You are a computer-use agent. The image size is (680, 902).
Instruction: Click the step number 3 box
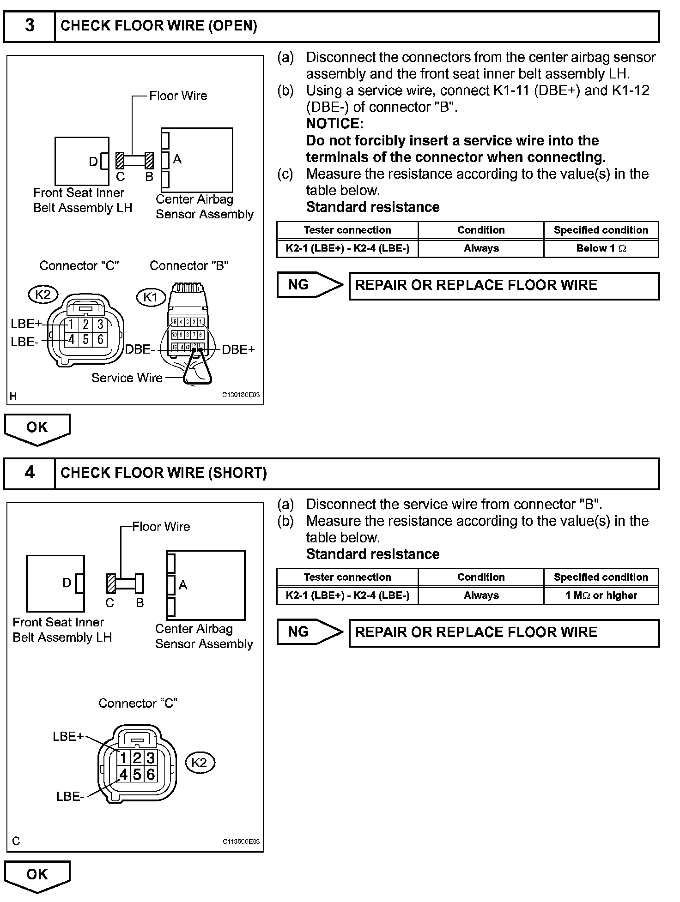coord(30,26)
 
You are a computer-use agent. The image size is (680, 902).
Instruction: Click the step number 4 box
coord(30,473)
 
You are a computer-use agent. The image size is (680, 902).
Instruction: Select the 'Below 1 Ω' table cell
coord(601,248)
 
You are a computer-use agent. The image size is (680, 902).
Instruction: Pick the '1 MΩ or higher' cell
coord(601,595)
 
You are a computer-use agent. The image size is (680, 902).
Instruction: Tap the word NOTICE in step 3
coord(334,124)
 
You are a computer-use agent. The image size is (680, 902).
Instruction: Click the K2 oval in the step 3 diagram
coord(43,294)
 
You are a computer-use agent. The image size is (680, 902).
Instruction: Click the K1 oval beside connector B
coord(151,297)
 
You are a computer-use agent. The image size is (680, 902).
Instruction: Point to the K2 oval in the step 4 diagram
coord(200,762)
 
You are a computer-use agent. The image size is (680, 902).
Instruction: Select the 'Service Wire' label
coord(127,378)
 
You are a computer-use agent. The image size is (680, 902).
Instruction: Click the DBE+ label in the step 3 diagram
coord(238,350)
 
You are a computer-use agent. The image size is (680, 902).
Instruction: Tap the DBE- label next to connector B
coord(140,350)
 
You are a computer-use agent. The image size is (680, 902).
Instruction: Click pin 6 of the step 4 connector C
coord(151,774)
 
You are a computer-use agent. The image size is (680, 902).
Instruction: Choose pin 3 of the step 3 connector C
coord(100,325)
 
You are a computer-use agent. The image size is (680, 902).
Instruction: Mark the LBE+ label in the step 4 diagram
coord(68,736)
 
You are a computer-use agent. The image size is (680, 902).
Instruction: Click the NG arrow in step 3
coord(310,285)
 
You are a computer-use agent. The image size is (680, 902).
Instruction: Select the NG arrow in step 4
coord(310,632)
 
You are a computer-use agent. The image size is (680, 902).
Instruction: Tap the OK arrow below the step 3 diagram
coord(37,428)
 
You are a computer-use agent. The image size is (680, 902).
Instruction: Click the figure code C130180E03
coord(241,395)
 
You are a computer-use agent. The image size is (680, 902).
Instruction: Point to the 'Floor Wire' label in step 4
coord(161,527)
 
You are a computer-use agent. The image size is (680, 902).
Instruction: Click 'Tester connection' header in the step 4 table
coord(347,577)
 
